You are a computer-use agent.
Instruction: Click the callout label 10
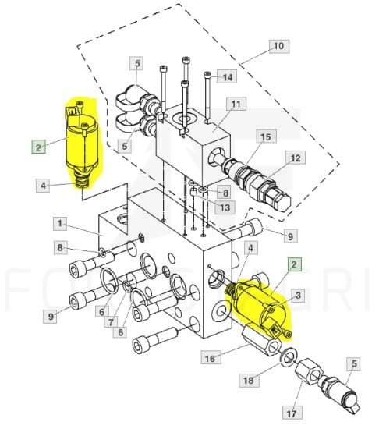(x=279, y=46)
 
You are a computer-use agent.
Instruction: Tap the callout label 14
(x=227, y=76)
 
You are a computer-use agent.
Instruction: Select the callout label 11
(x=236, y=104)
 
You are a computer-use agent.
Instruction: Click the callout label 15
(x=266, y=136)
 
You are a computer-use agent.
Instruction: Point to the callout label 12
(x=296, y=158)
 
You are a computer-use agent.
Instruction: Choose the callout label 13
(x=225, y=207)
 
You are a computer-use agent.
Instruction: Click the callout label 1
(x=60, y=224)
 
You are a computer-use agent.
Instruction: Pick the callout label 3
(x=298, y=296)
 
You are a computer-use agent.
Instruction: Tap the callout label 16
(x=211, y=358)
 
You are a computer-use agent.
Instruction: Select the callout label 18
(x=250, y=380)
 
